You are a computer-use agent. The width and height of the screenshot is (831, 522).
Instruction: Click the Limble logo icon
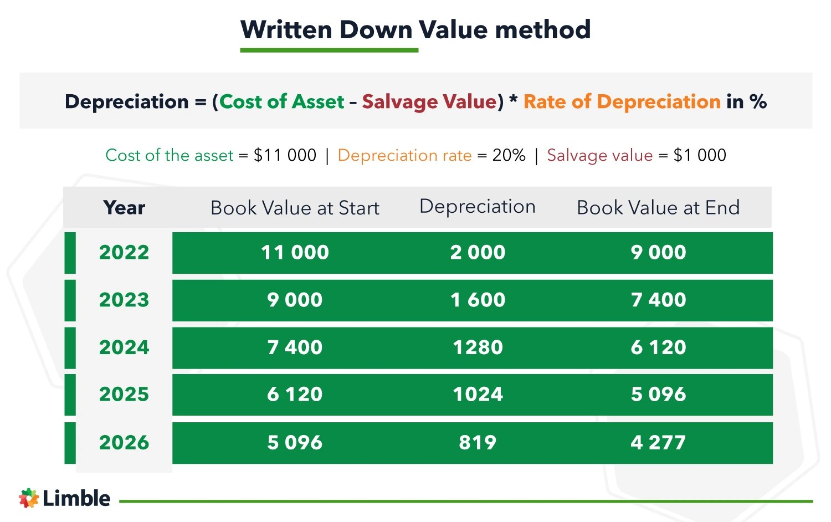(x=29, y=498)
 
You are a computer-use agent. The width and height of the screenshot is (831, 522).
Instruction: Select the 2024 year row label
(x=124, y=347)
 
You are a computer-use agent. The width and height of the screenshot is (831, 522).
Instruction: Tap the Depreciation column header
(x=478, y=207)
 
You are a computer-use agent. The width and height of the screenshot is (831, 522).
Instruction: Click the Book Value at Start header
(x=295, y=208)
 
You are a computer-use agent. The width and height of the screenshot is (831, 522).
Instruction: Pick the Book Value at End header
(x=658, y=208)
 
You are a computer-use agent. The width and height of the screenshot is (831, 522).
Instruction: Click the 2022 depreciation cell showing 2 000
(x=478, y=253)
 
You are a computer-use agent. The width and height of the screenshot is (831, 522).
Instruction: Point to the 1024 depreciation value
(x=478, y=395)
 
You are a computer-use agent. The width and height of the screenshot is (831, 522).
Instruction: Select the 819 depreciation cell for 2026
(x=478, y=443)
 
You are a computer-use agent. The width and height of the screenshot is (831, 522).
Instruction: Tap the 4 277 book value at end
(x=658, y=443)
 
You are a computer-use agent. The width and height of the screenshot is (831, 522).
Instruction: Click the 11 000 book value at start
(x=295, y=253)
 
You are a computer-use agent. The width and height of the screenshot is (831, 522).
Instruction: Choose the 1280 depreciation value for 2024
(x=478, y=347)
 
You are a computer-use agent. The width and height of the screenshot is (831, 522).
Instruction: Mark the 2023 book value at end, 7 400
(x=658, y=300)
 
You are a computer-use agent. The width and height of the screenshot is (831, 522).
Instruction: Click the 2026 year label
(x=124, y=443)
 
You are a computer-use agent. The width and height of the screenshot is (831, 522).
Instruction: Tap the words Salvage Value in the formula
(x=429, y=102)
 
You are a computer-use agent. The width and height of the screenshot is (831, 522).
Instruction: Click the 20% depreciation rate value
(x=509, y=155)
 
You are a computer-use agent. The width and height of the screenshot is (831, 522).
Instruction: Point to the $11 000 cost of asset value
(x=285, y=155)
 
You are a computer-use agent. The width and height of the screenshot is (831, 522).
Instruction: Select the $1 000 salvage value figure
(x=700, y=155)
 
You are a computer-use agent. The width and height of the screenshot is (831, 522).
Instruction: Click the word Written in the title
(x=286, y=30)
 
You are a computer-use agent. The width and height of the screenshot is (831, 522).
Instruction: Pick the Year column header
(x=124, y=208)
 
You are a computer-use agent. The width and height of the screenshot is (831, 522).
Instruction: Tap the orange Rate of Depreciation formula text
(x=622, y=102)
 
